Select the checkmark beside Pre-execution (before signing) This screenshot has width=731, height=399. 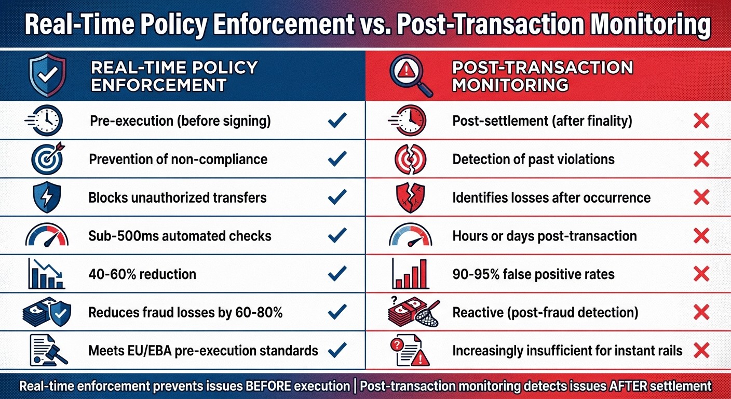[x=337, y=121]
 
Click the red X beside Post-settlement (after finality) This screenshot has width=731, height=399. [x=701, y=121]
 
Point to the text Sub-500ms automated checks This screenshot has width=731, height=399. [x=180, y=236]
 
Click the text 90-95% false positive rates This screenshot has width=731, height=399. [x=533, y=274]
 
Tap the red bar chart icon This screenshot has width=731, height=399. [x=411, y=274]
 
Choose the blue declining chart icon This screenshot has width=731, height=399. [x=46, y=274]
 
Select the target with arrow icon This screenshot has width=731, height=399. [x=46, y=158]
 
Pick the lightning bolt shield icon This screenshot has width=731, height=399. [x=46, y=197]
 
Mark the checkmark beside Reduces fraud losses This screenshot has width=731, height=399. [x=337, y=312]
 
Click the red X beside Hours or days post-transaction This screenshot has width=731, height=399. [x=701, y=236]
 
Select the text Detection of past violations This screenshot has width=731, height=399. [x=533, y=159]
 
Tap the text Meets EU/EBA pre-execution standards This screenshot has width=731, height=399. [x=203, y=351]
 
